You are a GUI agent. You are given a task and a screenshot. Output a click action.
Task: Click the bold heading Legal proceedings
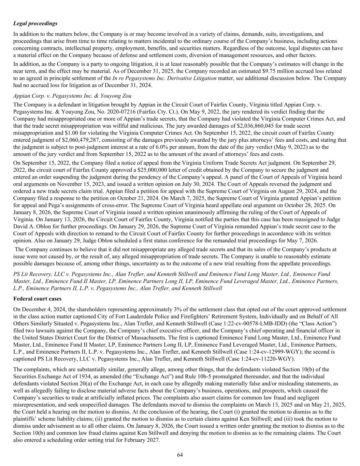point(35,24)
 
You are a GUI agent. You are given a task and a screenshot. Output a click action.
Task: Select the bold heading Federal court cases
point(38,299)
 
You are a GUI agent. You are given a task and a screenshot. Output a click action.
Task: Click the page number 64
point(180,455)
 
